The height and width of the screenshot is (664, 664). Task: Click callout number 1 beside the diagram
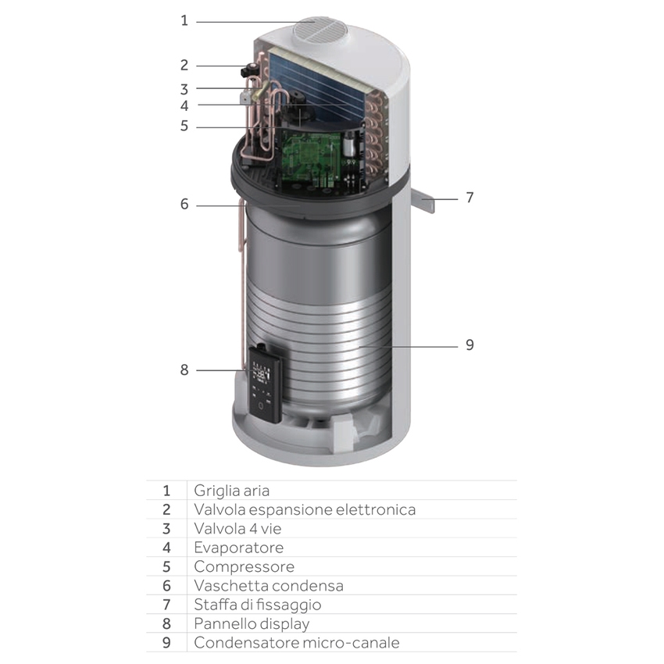(184, 21)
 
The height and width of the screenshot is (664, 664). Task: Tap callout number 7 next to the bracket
(469, 198)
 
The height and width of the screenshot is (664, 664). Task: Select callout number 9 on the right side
(469, 344)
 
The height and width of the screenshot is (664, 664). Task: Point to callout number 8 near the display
(184, 369)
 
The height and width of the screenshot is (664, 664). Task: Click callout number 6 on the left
(184, 205)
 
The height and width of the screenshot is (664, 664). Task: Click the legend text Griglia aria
(231, 491)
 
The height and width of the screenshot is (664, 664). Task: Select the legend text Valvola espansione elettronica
(305, 509)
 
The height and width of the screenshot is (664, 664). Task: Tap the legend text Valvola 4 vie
(232, 529)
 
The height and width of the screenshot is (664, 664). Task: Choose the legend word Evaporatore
(238, 548)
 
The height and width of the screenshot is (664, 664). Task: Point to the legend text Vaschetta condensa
(268, 586)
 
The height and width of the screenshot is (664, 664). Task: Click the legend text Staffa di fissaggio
(257, 605)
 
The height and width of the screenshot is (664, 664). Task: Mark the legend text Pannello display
(252, 623)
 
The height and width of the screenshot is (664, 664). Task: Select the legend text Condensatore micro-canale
(296, 643)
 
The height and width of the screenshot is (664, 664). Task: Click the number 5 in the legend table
(166, 566)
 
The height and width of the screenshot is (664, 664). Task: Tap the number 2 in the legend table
(166, 509)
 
